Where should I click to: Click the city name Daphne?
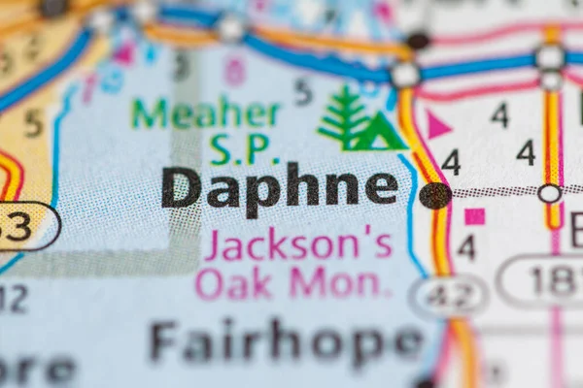[x=279, y=187]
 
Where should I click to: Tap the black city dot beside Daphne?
[x=434, y=195]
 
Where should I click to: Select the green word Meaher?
[x=205, y=113]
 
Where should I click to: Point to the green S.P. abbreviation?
[x=238, y=149]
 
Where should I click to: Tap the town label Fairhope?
[x=287, y=341]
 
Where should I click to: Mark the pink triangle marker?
[x=438, y=124]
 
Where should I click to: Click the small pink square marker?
[x=474, y=216]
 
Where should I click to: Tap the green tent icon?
[x=381, y=132]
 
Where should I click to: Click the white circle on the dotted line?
[x=549, y=193]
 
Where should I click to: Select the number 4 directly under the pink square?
[x=466, y=247]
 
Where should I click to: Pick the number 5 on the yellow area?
[x=33, y=123]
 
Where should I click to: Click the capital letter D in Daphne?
[x=182, y=187]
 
